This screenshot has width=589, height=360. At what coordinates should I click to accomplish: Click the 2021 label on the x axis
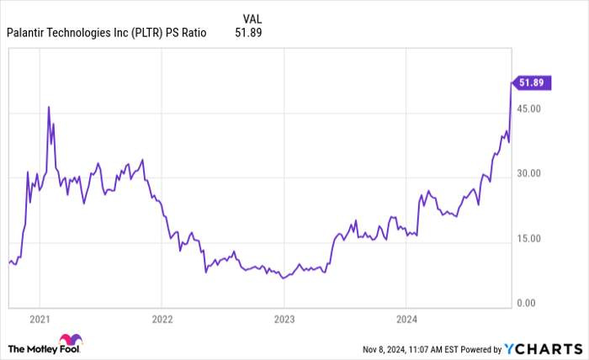pyautogui.click(x=40, y=320)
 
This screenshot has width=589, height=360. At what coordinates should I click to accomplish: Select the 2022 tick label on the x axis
pyautogui.click(x=162, y=320)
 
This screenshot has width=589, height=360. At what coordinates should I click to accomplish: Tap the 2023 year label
pyautogui.click(x=284, y=320)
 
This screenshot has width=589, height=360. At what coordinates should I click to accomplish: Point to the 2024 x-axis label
pyautogui.click(x=406, y=320)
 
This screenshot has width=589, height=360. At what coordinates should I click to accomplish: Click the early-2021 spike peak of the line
pyautogui.click(x=49, y=107)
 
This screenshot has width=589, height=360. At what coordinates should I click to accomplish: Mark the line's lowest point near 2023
pyautogui.click(x=283, y=278)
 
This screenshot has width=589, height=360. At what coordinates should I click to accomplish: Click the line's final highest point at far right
pyautogui.click(x=512, y=82)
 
